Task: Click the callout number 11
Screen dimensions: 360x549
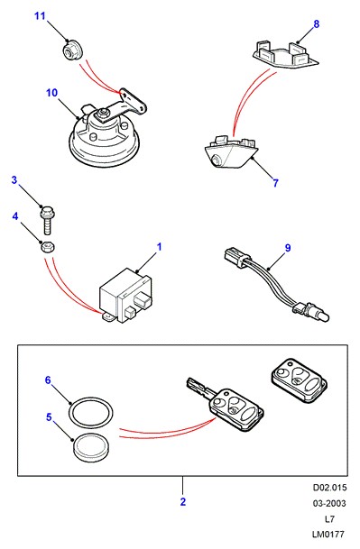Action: point(40,15)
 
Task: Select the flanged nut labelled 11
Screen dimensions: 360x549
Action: point(72,50)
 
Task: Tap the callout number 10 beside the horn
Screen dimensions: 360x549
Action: point(51,93)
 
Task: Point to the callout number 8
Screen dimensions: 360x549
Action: point(316,23)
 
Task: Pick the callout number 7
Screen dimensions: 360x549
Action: point(275,183)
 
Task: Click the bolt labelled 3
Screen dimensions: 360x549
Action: point(48,220)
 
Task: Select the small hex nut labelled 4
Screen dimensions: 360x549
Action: point(47,248)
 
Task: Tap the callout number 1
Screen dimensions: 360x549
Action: point(159,247)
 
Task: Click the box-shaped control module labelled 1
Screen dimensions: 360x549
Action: point(126,295)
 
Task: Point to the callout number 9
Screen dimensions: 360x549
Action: point(288,248)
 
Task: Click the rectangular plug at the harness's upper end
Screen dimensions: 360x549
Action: point(234,257)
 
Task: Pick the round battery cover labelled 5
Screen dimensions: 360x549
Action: point(91,449)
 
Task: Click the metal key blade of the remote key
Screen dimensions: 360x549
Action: point(200,388)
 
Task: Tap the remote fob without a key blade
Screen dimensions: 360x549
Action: point(299,380)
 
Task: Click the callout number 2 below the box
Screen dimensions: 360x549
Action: point(182,502)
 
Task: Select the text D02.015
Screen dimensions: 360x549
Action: point(329,488)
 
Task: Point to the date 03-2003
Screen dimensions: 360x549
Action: point(329,503)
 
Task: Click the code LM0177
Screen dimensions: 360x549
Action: point(328,535)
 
